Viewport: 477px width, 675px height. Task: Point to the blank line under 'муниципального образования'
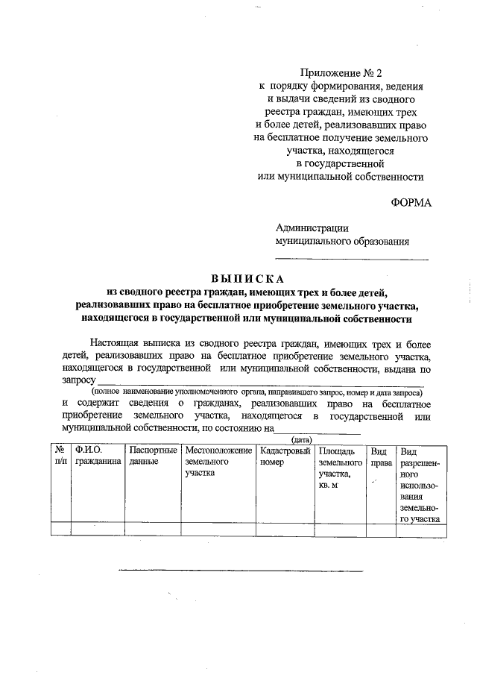coord(352,258)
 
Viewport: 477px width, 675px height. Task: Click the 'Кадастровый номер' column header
coord(285,456)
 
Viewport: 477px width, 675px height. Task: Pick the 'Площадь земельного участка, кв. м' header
coord(341,468)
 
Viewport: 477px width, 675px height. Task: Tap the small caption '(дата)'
coord(300,440)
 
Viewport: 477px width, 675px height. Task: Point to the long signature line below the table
coord(240,571)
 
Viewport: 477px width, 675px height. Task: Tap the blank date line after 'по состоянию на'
coord(318,431)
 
